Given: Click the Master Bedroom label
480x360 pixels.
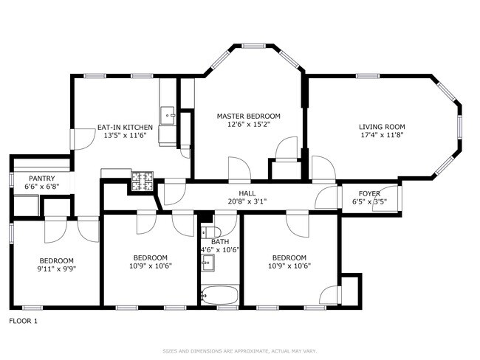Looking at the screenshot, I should [x=248, y=117].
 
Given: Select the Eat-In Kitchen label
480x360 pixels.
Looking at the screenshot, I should [x=125, y=127].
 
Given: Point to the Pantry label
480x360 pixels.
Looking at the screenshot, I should [x=41, y=179].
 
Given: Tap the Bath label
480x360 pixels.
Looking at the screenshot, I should [x=220, y=241].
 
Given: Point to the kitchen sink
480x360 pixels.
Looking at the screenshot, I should [x=169, y=114].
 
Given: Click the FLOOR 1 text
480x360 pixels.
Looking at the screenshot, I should [x=23, y=321].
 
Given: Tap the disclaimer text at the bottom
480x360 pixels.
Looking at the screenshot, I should [x=240, y=350].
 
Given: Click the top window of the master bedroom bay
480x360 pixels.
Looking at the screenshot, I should [x=255, y=46].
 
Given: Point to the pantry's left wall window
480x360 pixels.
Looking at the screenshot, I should [x=10, y=179].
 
